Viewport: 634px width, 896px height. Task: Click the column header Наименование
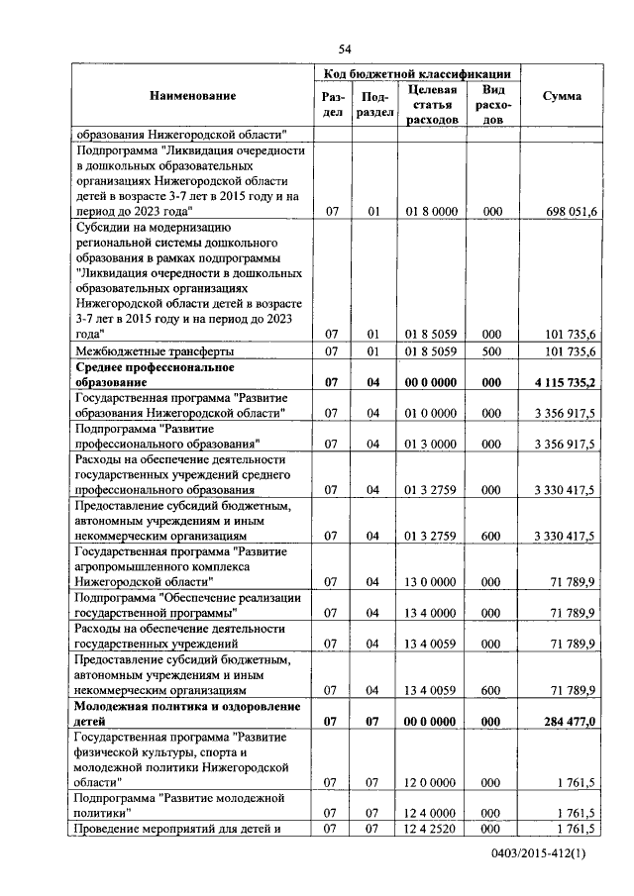193,96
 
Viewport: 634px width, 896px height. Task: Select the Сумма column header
562,96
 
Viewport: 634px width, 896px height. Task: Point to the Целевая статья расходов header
432,105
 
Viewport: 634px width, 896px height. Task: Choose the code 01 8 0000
431,211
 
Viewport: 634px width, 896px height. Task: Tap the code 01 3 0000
431,445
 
